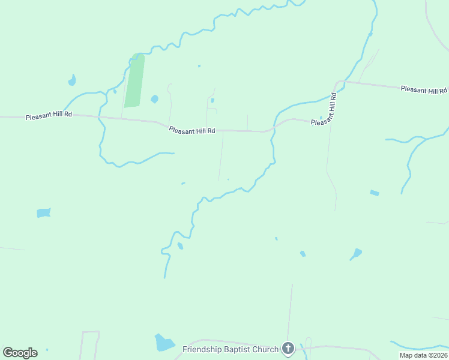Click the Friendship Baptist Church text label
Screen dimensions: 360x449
[231, 349]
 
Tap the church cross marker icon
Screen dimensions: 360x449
[288, 349]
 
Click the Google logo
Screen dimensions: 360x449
[20, 353]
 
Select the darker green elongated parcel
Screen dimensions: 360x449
[134, 80]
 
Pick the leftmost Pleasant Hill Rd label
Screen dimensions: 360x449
[49, 115]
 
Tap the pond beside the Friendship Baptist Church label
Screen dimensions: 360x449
[163, 343]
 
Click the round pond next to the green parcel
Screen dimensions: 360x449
[154, 98]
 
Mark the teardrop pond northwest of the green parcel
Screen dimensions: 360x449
[72, 80]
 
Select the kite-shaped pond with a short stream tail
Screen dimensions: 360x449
[357, 253]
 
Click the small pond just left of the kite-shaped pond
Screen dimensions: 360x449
[303, 254]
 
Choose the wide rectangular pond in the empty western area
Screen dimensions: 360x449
[43, 212]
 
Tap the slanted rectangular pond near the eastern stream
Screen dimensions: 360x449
[375, 193]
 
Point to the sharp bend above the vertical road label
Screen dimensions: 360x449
[339, 82]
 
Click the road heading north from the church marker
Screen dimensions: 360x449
[291, 312]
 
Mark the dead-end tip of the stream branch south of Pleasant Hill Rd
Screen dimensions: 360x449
[173, 154]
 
